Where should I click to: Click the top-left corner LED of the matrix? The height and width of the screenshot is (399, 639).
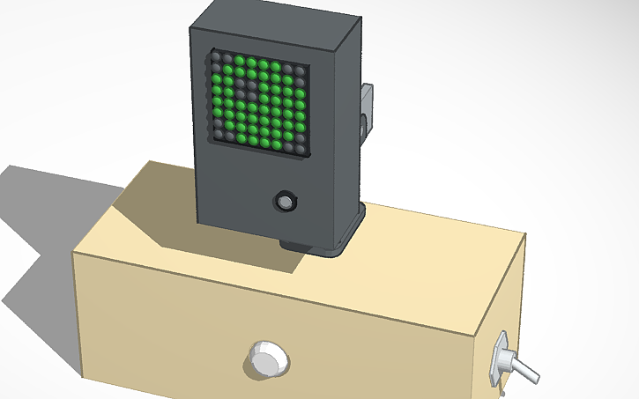(x=215, y=58)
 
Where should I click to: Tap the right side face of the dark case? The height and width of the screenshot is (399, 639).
(x=349, y=123)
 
